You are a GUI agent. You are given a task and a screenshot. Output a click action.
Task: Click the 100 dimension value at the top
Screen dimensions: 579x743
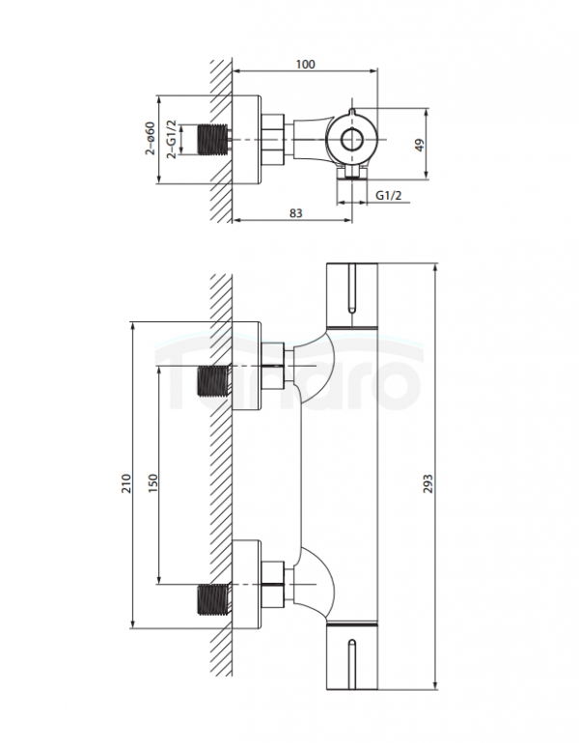point(305,64)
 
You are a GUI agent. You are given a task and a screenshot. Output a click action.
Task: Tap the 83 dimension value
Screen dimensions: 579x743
point(295,213)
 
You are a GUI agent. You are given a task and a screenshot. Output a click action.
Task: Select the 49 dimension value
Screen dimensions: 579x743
point(420,145)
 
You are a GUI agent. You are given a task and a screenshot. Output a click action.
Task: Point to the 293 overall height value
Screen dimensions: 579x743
point(427,483)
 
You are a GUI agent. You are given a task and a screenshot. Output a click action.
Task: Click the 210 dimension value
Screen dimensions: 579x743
point(126,483)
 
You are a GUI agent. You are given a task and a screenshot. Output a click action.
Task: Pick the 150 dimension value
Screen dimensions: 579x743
point(152,483)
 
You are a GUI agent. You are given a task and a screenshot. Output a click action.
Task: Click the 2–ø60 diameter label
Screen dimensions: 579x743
point(150,138)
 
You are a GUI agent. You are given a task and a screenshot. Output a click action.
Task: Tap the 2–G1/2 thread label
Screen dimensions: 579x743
point(172,139)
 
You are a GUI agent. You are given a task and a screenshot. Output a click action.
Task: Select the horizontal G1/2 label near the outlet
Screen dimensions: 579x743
point(389,195)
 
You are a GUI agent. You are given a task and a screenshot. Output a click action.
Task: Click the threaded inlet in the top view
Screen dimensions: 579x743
point(213,140)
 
